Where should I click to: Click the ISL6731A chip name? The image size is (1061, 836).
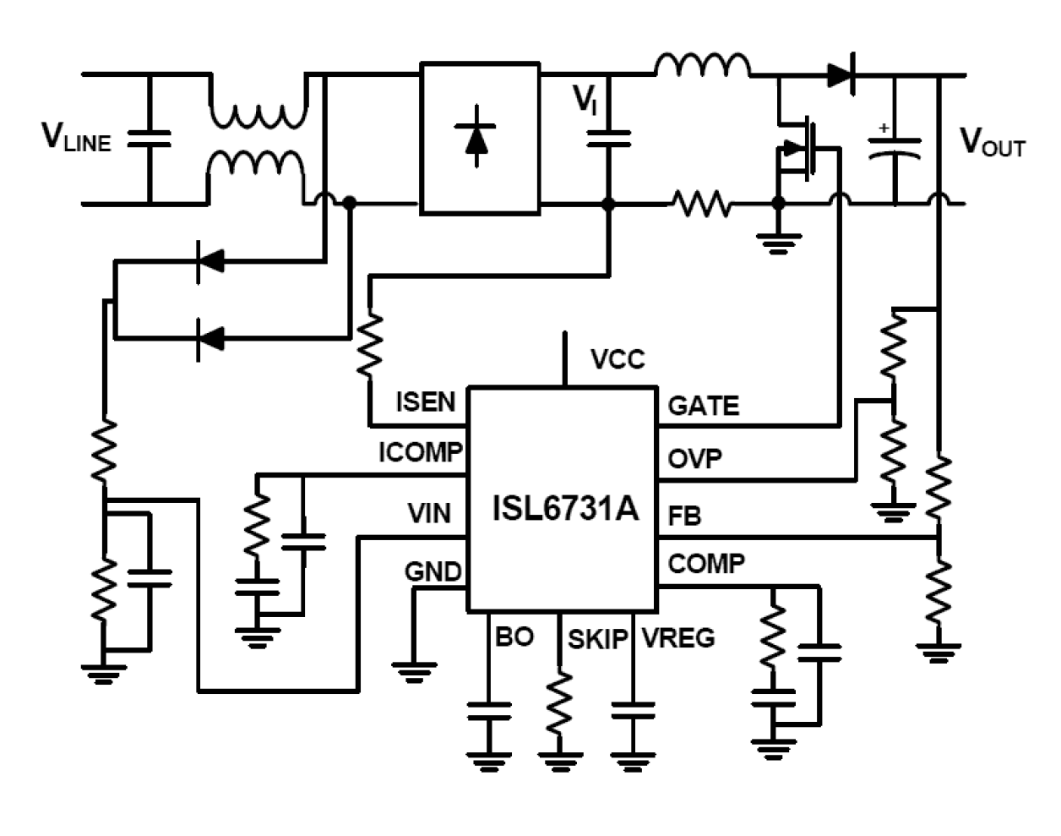click(564, 509)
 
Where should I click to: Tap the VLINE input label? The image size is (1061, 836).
click(76, 137)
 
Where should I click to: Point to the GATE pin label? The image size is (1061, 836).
click(703, 406)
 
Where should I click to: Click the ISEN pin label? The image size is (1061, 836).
click(425, 402)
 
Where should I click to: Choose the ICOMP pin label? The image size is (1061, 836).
click(420, 453)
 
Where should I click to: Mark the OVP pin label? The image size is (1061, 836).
click(694, 459)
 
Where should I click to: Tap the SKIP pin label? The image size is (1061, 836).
click(597, 639)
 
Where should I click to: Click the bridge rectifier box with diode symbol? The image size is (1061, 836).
click(479, 138)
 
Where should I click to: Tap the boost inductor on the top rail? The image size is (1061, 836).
click(702, 66)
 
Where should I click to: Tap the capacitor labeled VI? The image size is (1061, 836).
click(608, 139)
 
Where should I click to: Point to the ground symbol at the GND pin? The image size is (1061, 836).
click(414, 672)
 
